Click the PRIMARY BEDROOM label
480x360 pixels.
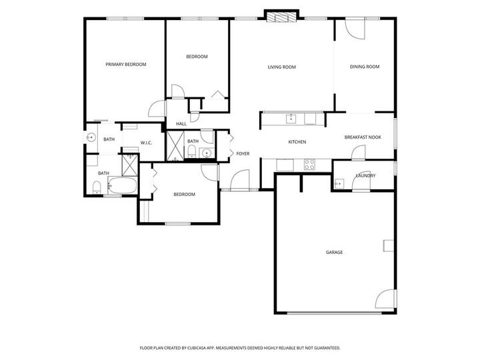click(x=126, y=65)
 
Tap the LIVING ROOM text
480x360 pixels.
click(x=281, y=67)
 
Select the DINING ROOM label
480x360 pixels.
click(x=364, y=67)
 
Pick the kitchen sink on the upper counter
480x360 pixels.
click(x=291, y=119)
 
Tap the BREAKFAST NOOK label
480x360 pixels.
click(x=362, y=137)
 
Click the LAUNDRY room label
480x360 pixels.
click(x=365, y=176)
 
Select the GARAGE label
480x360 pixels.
click(x=334, y=252)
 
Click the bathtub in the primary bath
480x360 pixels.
click(x=121, y=186)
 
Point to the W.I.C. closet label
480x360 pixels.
click(x=146, y=143)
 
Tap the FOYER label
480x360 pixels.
click(x=243, y=154)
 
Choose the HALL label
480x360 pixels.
click(x=181, y=124)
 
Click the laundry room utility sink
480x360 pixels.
click(x=339, y=182)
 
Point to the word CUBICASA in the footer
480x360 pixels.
click(x=213, y=348)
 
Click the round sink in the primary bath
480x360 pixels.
click(x=90, y=138)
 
